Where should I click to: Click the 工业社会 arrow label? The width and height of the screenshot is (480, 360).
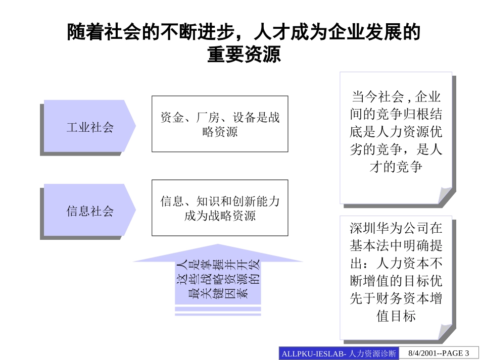90,127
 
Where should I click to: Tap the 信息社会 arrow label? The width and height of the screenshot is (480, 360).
90,211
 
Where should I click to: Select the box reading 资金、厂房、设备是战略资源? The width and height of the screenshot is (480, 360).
220,124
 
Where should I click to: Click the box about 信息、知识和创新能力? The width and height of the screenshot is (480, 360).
220,208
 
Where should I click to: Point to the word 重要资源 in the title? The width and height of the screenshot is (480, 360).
244,55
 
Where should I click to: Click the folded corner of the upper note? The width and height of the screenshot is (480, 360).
445,195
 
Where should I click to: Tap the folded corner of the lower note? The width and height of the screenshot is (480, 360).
445,331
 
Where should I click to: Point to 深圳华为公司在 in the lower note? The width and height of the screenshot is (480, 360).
396,228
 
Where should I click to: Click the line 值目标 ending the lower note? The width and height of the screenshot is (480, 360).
396,316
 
